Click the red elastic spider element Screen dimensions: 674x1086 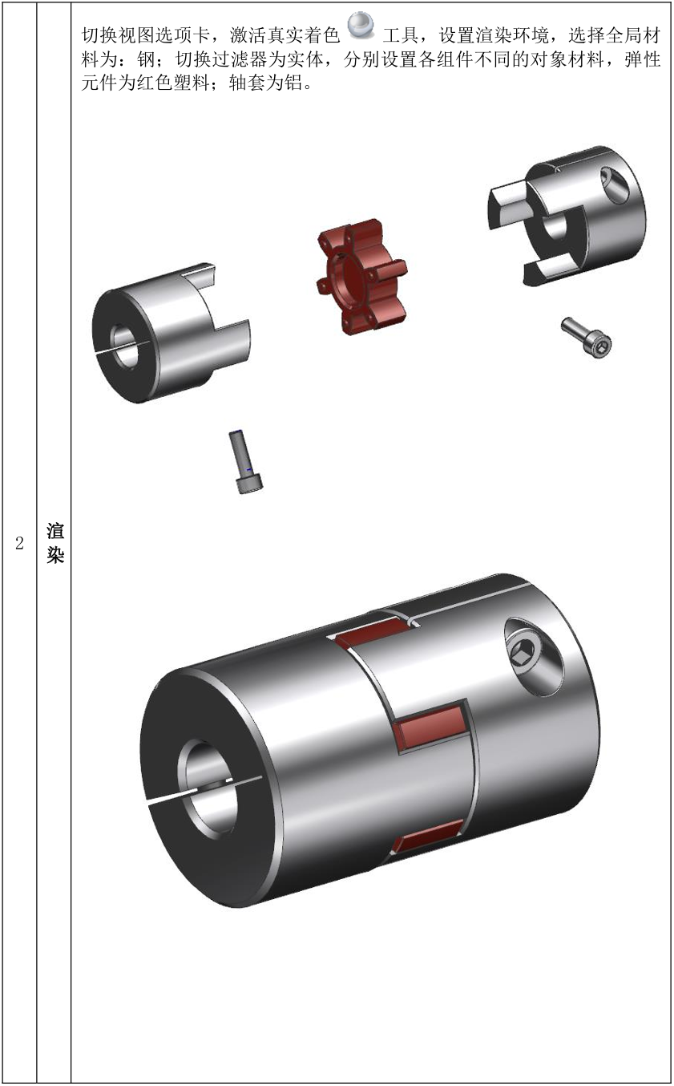pos(361,276)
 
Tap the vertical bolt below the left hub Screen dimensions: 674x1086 pos(246,462)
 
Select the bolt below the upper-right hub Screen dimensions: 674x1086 pos(587,338)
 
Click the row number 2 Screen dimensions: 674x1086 pos(19,543)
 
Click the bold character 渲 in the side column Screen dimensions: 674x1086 pos(54,530)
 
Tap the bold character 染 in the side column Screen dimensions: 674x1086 pos(54,555)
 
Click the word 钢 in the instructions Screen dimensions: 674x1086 pos(146,59)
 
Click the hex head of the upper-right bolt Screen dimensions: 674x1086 pos(600,345)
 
